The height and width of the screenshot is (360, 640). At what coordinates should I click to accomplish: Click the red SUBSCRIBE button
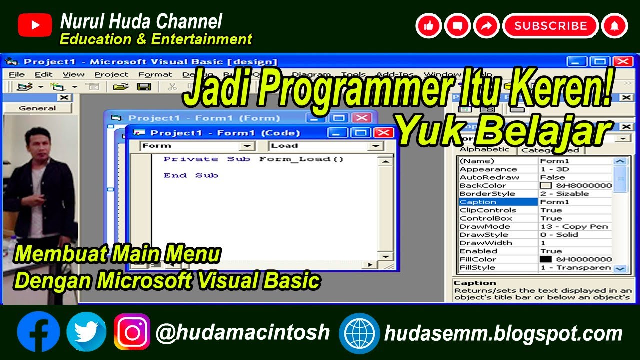coord(550,26)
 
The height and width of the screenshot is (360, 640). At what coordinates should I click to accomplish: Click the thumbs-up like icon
coord(428,26)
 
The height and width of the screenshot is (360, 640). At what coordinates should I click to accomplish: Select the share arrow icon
coord(486,26)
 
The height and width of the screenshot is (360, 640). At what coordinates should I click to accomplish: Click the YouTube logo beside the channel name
coord(35,25)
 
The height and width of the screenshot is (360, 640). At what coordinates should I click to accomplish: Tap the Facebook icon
coord(38,332)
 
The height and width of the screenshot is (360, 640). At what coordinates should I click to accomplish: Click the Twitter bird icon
coord(86,332)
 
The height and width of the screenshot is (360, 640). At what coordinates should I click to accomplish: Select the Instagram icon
coord(132,332)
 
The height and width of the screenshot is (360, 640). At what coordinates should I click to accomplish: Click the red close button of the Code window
coord(383,132)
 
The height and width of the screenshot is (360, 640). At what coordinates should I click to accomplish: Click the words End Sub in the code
coord(191,175)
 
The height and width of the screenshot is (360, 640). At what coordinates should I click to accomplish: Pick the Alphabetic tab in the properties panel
coord(484,149)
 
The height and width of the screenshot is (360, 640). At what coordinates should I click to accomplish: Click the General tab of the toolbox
coord(37,108)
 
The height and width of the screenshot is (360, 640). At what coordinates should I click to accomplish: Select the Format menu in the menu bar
coord(155,74)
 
